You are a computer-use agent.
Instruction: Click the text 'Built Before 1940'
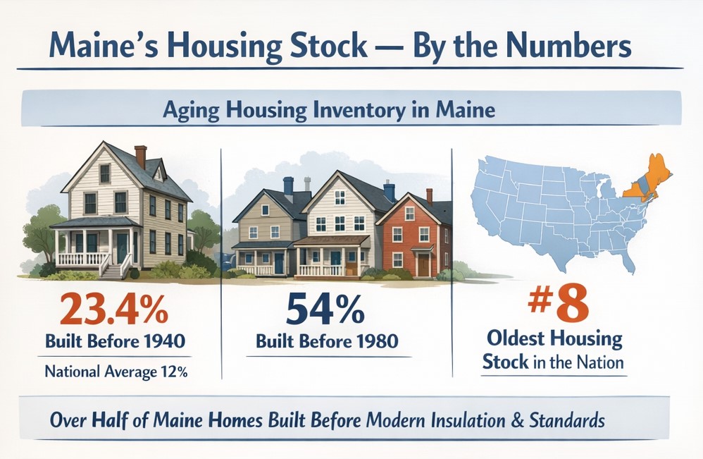[115, 342]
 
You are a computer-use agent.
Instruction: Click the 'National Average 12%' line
[115, 372]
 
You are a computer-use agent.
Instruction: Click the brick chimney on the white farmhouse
[141, 156]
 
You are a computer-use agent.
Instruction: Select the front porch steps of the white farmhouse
[113, 268]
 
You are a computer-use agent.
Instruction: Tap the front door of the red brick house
[423, 264]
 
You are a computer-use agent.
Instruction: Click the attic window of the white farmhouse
[104, 173]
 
